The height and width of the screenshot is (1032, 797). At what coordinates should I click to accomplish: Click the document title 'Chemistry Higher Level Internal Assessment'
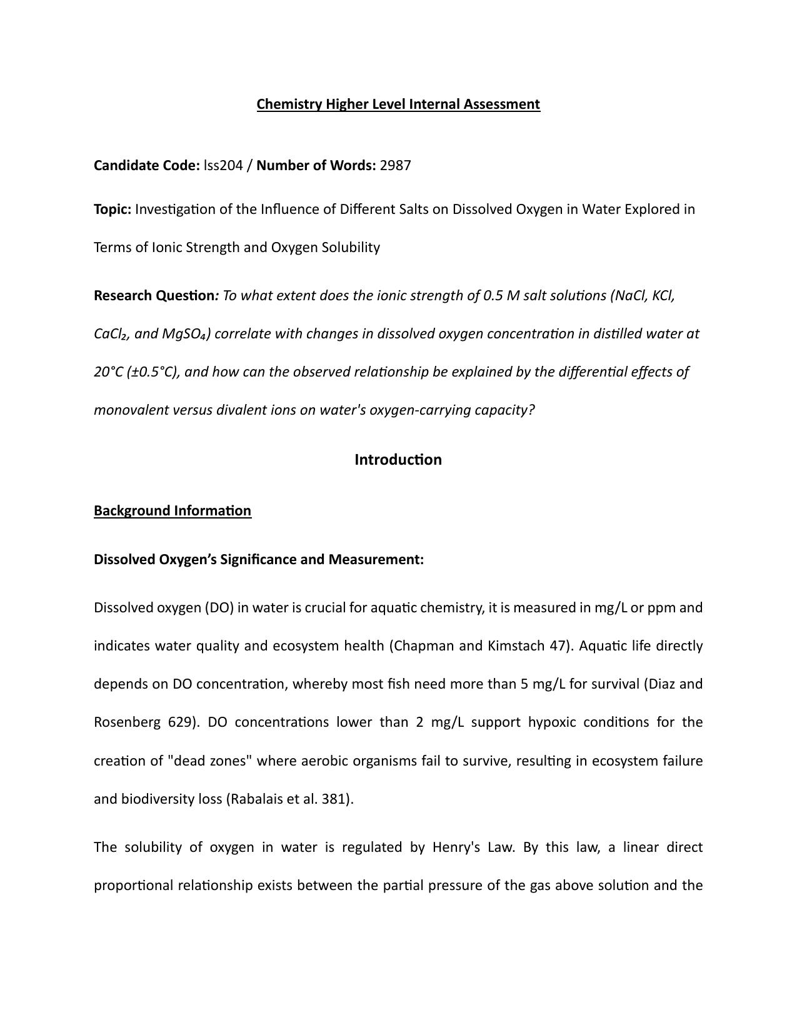[398, 104]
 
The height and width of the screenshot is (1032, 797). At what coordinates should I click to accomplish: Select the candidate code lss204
[223, 166]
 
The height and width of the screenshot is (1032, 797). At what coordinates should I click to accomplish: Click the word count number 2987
[396, 166]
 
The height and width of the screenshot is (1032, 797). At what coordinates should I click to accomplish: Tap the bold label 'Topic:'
[113, 209]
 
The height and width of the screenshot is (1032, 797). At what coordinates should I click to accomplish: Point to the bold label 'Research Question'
[154, 295]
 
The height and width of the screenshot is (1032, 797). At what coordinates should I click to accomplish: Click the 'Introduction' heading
[398, 460]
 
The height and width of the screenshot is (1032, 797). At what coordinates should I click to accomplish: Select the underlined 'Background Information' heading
[173, 511]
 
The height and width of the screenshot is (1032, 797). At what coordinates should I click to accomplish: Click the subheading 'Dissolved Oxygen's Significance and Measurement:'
[259, 559]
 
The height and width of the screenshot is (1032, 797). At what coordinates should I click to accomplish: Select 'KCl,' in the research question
[663, 295]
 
